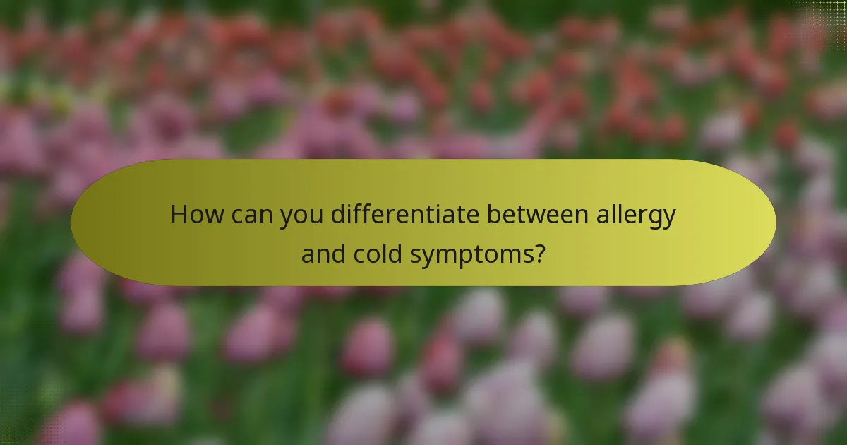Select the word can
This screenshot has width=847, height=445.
[244, 215]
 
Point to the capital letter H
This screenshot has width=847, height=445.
[180, 215]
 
